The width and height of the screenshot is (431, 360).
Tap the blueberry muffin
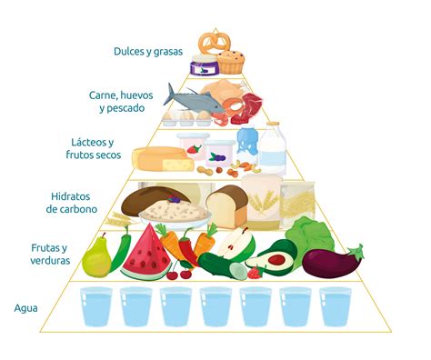(231, 61)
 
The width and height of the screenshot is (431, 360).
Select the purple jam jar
(201, 65)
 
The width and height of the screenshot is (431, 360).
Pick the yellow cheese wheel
(162, 158)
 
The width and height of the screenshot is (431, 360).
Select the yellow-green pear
(96, 257)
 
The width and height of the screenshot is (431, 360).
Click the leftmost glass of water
(95, 306)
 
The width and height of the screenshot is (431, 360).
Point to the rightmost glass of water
(335, 306)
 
